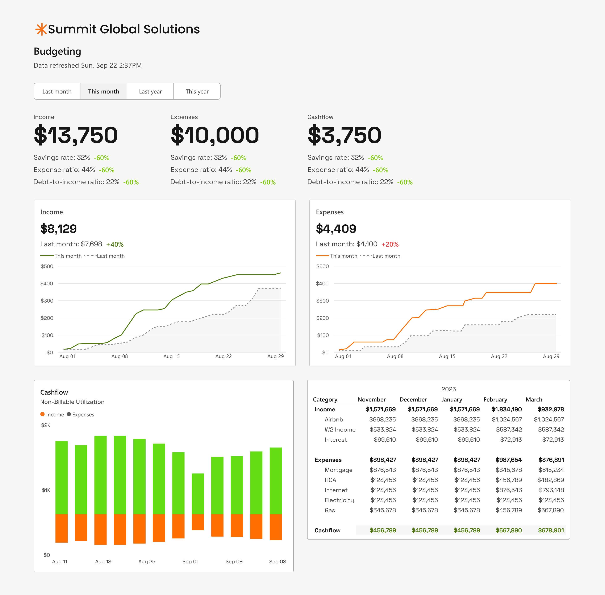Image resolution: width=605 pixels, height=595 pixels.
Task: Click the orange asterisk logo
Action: (41, 29)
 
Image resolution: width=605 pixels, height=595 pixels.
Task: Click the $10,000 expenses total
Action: (215, 135)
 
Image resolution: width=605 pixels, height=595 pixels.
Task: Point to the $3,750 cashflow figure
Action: (344, 135)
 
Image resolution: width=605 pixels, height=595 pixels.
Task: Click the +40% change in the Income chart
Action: (115, 244)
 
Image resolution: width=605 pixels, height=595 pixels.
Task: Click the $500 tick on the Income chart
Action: (47, 266)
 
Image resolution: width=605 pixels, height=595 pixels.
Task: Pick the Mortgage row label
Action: (338, 470)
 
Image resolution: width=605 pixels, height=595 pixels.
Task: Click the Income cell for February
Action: (506, 409)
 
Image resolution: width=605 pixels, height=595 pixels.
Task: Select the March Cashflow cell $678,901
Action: (551, 530)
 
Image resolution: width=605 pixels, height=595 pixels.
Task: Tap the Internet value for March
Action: (551, 490)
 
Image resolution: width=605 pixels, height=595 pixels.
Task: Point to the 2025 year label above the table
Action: (448, 389)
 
